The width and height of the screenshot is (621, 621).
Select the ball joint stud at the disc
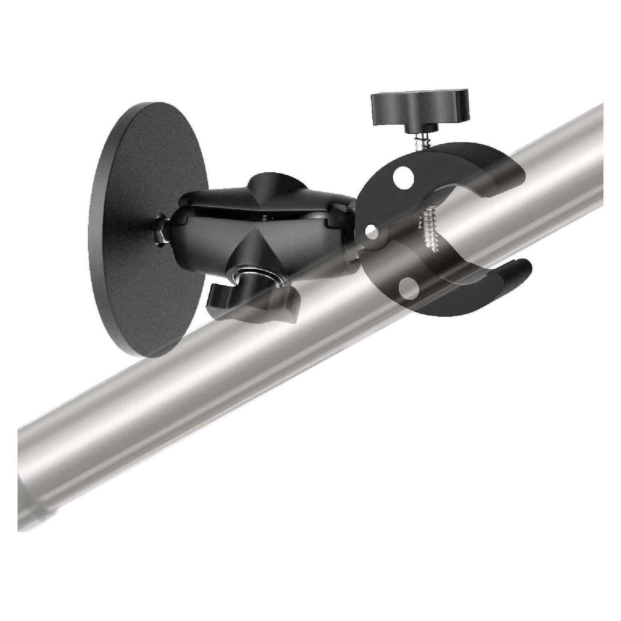click(164, 234)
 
